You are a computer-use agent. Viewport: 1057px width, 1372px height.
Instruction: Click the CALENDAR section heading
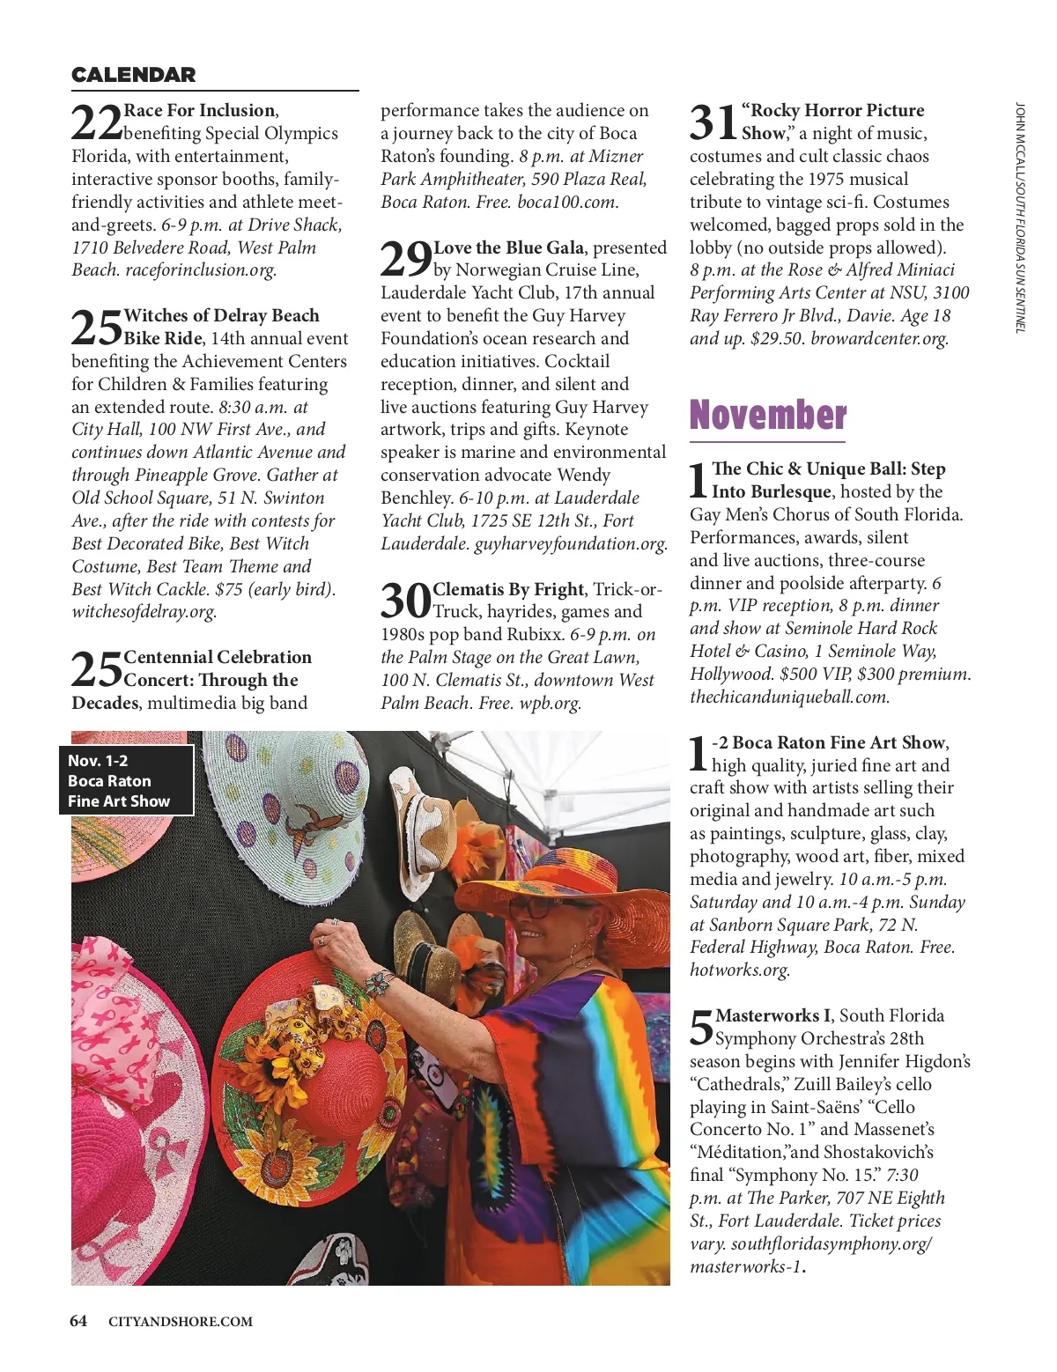click(133, 75)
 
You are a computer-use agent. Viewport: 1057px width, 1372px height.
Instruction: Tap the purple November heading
click(767, 416)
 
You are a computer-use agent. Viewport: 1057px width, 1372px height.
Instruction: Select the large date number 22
click(96, 122)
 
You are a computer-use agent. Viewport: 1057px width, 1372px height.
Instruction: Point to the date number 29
click(405, 259)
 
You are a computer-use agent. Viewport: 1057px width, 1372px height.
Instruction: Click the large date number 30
click(405, 601)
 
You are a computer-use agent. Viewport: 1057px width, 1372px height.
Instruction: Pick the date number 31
click(713, 122)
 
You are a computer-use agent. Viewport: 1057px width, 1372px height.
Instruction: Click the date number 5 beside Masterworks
click(701, 1028)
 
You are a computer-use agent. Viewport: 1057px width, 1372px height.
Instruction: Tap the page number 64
click(78, 1321)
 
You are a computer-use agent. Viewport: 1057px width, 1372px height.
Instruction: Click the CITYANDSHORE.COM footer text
click(181, 1322)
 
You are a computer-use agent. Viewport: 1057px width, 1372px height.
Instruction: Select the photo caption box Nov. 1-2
click(126, 780)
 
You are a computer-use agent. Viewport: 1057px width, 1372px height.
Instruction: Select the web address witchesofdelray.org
click(144, 612)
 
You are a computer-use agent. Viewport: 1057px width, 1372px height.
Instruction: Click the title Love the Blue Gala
click(509, 247)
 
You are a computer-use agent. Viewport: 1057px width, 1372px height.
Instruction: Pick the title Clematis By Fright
click(508, 589)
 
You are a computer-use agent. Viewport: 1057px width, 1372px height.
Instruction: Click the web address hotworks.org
click(739, 970)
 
